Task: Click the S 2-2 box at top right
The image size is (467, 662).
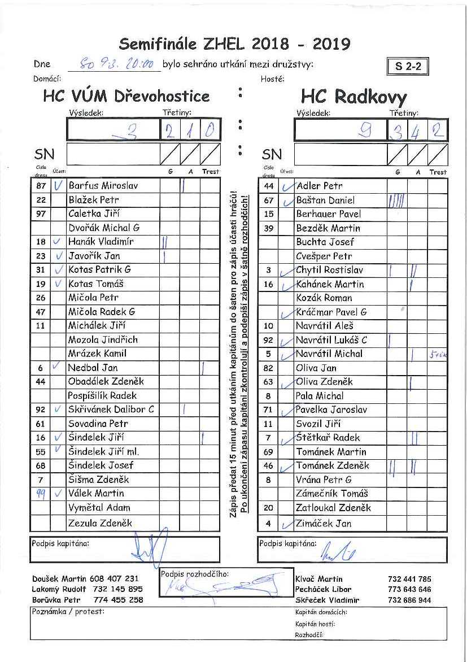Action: [408, 66]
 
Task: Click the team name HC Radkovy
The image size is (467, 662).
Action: [353, 97]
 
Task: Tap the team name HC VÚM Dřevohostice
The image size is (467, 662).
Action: [126, 95]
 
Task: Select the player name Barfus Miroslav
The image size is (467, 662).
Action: [103, 185]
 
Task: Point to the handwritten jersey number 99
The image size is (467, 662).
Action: [41, 493]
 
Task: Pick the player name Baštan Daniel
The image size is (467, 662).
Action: [325, 200]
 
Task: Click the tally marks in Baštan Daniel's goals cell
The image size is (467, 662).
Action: [396, 200]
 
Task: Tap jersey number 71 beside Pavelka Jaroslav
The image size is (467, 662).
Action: [268, 410]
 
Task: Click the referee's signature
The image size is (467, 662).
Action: [226, 583]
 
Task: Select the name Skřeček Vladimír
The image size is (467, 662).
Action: [327, 600]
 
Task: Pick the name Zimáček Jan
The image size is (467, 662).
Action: [324, 524]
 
